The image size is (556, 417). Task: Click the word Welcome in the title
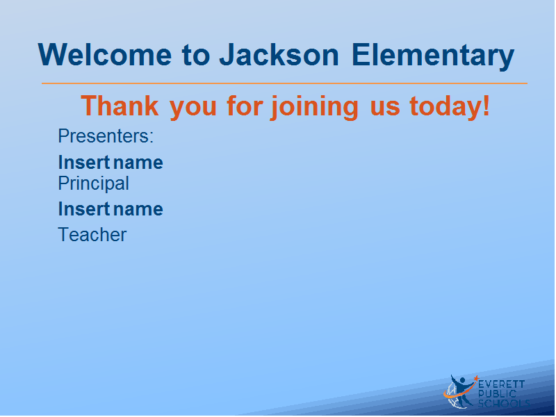(x=105, y=55)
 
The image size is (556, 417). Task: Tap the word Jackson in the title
(x=279, y=55)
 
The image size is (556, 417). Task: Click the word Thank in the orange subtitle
(x=120, y=106)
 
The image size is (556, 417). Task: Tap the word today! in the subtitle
(x=450, y=106)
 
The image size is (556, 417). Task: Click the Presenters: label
(x=106, y=136)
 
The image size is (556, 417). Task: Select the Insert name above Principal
(x=111, y=163)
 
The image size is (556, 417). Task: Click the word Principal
(x=93, y=183)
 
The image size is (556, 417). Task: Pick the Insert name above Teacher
(x=111, y=209)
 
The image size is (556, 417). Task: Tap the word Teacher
(x=92, y=235)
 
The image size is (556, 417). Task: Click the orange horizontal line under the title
(x=284, y=83)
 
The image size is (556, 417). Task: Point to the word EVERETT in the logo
(x=501, y=384)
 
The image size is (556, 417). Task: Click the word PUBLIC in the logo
(x=497, y=394)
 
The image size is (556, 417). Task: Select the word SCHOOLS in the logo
(x=504, y=404)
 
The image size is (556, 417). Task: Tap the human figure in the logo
(x=460, y=390)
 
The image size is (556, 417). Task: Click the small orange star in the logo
(x=476, y=378)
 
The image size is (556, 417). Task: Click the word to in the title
(x=196, y=56)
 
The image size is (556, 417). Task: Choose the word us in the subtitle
(x=385, y=108)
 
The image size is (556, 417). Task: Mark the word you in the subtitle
(x=193, y=109)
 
